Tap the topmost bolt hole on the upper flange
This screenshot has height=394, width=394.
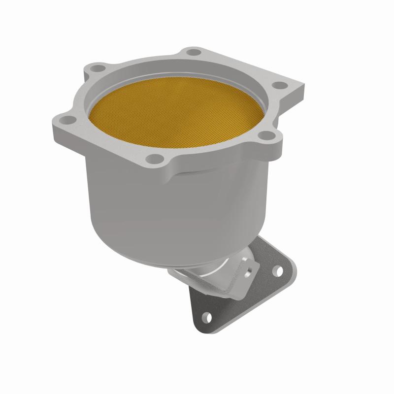point(194,52)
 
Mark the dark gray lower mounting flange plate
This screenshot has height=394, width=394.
point(231,305)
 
